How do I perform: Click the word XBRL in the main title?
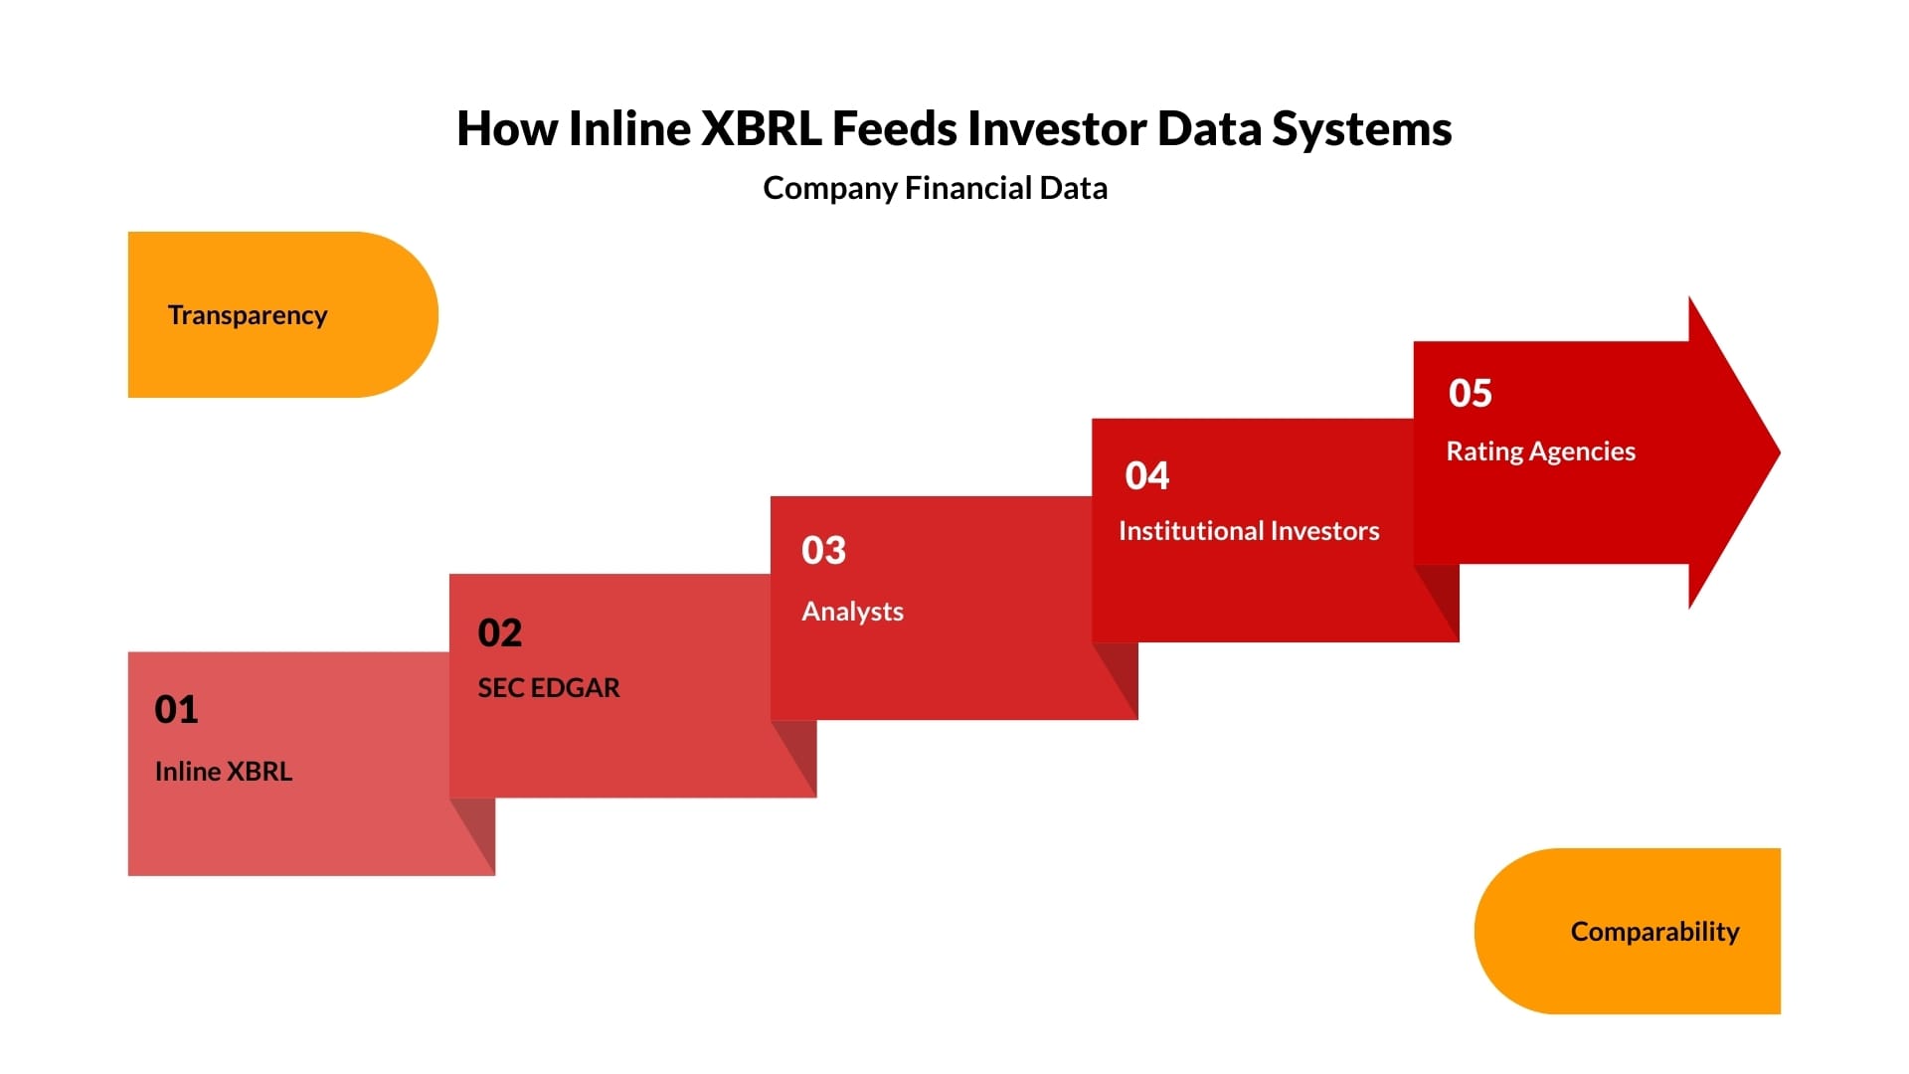point(761,129)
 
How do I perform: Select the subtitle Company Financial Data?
point(935,188)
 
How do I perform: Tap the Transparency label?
point(248,315)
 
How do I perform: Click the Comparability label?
point(1654,932)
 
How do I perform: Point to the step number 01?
point(176,709)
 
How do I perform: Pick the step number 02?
point(499,632)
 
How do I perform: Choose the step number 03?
point(823,550)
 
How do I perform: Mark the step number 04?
point(1146,475)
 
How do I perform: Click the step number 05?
point(1470,393)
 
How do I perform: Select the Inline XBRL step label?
point(224,772)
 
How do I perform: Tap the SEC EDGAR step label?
point(548,688)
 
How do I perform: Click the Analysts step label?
point(852,612)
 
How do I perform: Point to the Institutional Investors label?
point(1249,531)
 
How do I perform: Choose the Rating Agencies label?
point(1540,451)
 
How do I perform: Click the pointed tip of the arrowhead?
point(1779,452)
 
